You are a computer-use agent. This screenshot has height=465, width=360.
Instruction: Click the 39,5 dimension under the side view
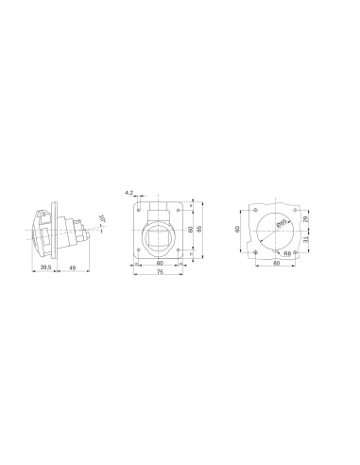pos(44,268)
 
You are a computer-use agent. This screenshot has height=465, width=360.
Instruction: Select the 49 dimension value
pos(73,268)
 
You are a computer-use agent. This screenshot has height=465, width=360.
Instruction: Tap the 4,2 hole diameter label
pos(129,192)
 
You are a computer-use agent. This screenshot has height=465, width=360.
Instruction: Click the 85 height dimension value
pos(200,228)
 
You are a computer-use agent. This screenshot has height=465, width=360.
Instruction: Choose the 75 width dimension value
pos(160,272)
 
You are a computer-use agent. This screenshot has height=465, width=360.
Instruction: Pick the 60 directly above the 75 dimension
pos(160,264)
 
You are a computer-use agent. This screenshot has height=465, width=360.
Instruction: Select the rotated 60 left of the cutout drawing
pos(238,229)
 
